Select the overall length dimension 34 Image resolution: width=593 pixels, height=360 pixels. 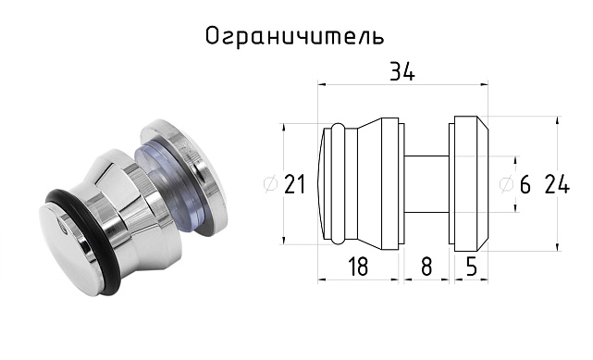click(x=402, y=73)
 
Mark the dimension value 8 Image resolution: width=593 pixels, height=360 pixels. click(x=426, y=267)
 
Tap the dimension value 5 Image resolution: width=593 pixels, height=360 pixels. click(x=470, y=267)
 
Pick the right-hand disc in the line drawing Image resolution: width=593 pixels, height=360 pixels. click(x=466, y=182)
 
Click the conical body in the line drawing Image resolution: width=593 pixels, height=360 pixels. click(x=377, y=182)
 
